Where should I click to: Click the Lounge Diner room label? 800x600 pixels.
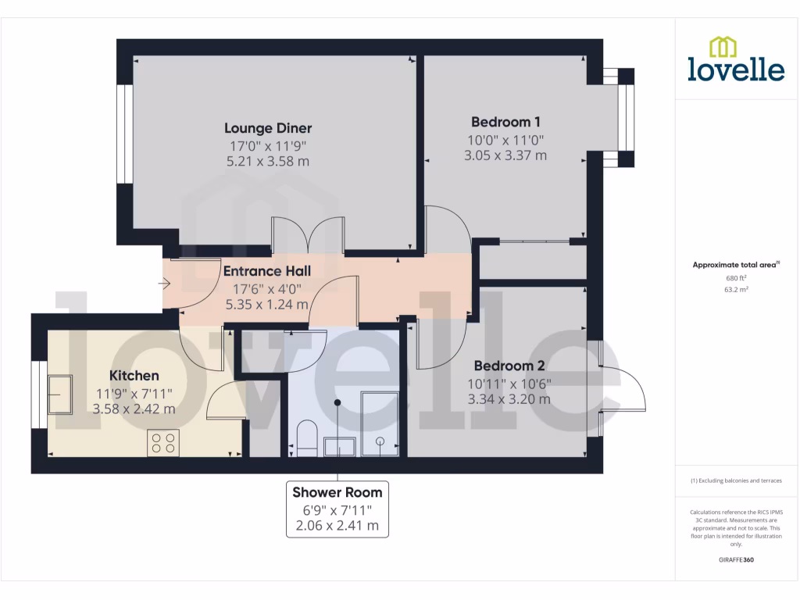tap(268, 128)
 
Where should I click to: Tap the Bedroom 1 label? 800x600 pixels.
tap(505, 122)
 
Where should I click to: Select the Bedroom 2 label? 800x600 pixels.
tap(509, 366)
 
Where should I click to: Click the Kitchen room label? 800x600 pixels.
tap(134, 376)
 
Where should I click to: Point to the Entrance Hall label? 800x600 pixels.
tap(266, 271)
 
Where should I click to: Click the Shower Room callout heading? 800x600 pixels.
tap(337, 492)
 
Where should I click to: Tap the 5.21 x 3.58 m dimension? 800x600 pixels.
tap(268, 162)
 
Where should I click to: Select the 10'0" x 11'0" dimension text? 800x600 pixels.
tap(505, 140)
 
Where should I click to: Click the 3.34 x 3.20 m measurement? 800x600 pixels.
tap(509, 399)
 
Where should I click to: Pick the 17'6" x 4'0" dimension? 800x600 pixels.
tap(266, 288)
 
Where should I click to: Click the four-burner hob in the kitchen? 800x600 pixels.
tap(163, 443)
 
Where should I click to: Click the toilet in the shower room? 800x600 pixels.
tap(307, 440)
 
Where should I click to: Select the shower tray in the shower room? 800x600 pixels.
tap(380, 424)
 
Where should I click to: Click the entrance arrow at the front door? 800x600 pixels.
tap(166, 284)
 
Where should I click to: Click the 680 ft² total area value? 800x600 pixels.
tap(737, 277)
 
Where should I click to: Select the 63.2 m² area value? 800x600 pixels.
tap(737, 289)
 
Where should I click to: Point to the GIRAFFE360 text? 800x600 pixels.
tap(736, 560)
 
